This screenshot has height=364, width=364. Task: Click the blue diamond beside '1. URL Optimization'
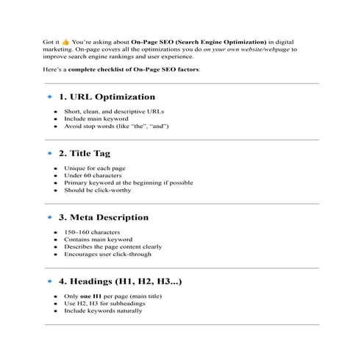point(49,96)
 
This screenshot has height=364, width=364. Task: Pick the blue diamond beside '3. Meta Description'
point(49,218)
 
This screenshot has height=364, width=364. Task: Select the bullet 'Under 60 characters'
point(93,175)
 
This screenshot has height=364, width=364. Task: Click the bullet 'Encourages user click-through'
point(108,254)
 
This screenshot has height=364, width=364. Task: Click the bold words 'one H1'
point(88,296)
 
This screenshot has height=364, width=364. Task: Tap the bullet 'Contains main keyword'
point(98,239)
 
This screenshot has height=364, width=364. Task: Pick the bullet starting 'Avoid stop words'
point(118,126)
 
